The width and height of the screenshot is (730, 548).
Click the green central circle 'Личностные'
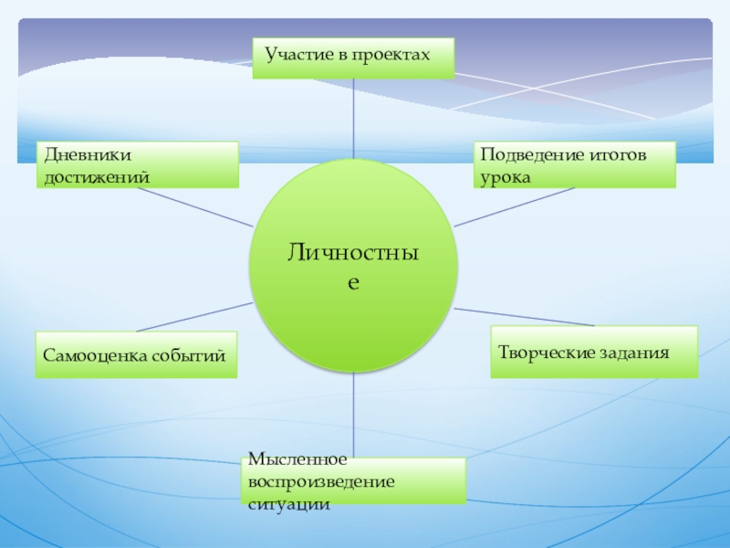coord(352,265)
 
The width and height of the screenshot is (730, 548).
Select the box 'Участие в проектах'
coord(353,58)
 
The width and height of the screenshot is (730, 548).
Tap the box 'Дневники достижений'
coord(138,164)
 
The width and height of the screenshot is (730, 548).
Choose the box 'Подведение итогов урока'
coord(575,164)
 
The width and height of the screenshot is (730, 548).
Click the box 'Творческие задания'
coord(594,352)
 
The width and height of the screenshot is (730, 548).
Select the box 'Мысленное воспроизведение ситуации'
coord(355,480)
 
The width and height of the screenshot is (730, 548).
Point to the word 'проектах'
coord(393,56)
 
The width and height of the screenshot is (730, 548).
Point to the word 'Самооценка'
coord(88,355)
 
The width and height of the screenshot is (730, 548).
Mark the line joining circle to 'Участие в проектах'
coord(353,119)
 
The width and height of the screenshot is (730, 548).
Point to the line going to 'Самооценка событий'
coord(192,317)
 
